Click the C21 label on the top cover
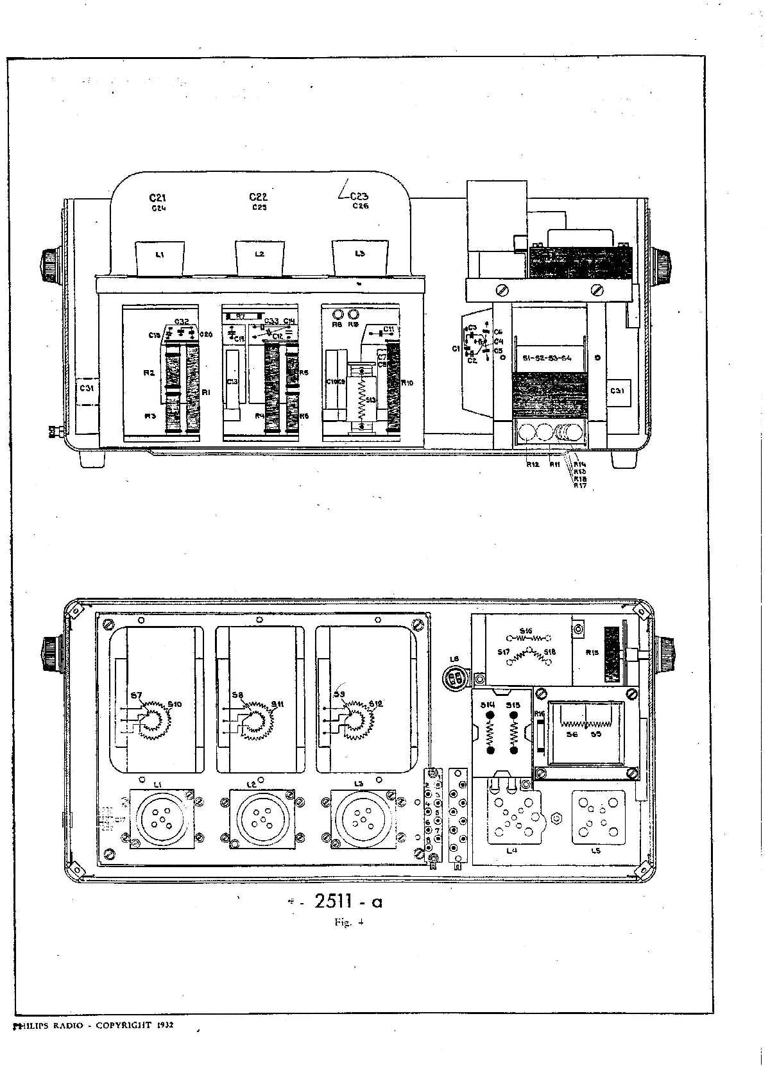[158, 198]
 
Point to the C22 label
[259, 197]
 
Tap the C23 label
[359, 196]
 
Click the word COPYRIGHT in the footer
[123, 1025]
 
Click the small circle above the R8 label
[337, 315]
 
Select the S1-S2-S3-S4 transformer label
[547, 358]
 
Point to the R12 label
[532, 464]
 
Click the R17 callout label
[580, 486]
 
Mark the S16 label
[526, 631]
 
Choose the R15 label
[592, 653]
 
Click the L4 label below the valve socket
[511, 850]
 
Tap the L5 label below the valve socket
[596, 850]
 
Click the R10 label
[407, 383]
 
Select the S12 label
[376, 704]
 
